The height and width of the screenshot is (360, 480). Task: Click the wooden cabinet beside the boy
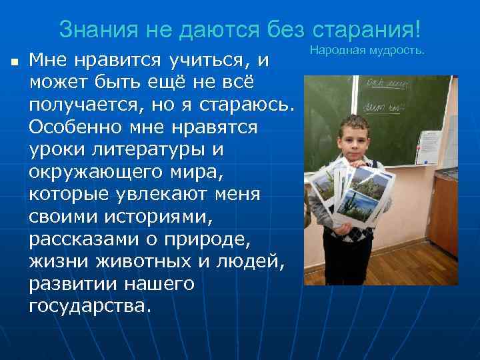[x=443, y=227]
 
